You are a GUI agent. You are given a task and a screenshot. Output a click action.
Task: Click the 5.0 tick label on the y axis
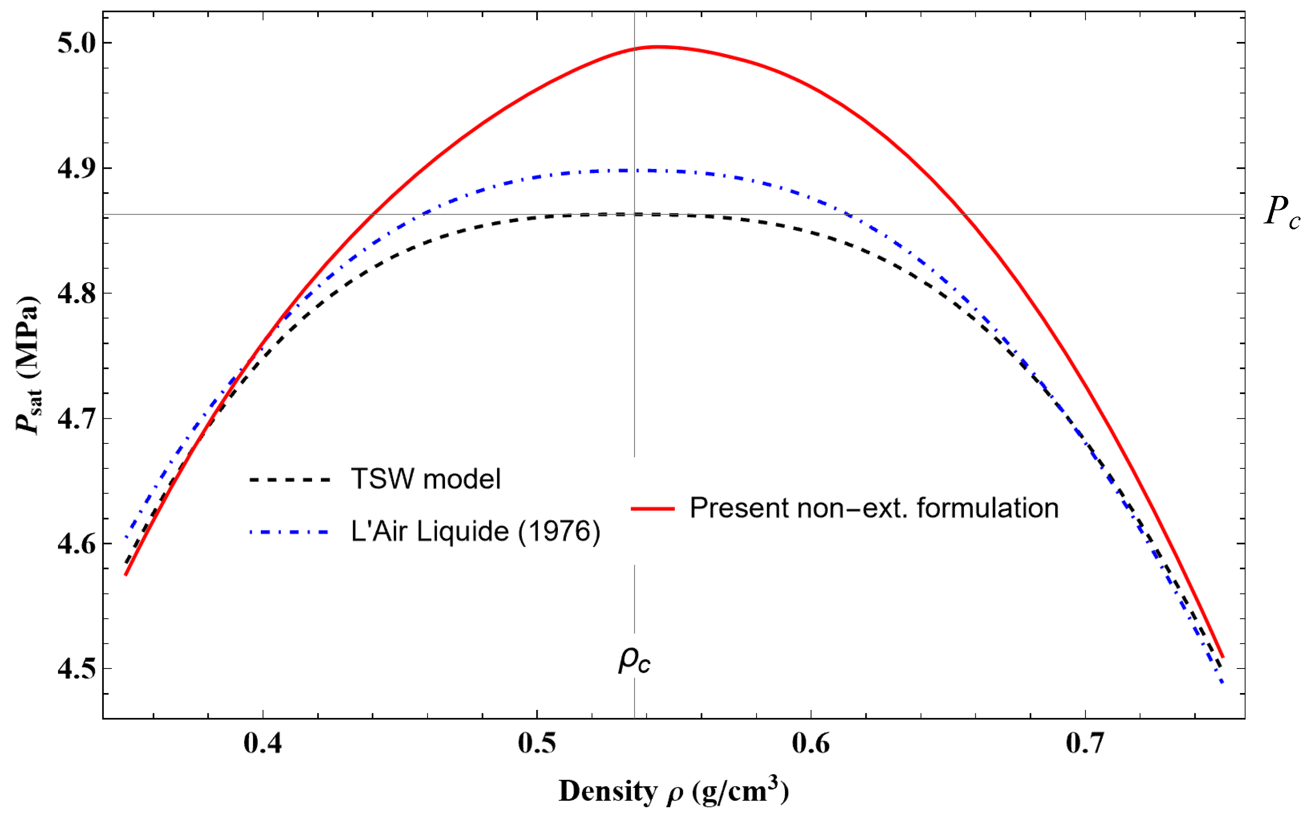click(76, 43)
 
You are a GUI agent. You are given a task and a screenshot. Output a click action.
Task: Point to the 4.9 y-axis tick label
click(76, 168)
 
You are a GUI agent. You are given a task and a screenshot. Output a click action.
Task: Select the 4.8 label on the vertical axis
click(76, 293)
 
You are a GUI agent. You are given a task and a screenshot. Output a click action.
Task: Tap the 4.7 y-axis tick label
click(76, 419)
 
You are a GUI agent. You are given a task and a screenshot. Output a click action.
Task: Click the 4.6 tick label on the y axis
click(76, 544)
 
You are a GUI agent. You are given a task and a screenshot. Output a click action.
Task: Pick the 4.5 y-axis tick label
click(76, 669)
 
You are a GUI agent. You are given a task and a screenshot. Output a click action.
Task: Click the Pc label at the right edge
click(1281, 212)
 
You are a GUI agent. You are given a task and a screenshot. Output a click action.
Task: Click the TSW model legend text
click(425, 479)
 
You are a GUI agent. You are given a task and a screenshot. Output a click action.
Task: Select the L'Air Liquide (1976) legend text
click(476, 532)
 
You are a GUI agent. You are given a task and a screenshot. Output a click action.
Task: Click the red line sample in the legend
click(653, 509)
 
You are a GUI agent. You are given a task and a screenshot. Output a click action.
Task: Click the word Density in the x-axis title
click(608, 792)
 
